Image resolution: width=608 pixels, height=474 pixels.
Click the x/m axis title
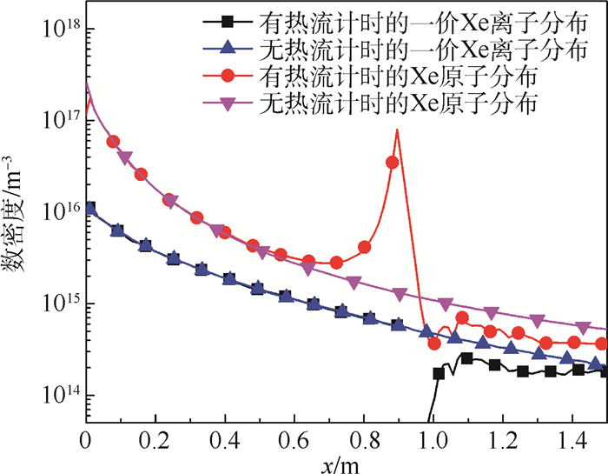tap(345, 463)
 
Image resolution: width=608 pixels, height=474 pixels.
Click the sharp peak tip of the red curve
tap(397, 130)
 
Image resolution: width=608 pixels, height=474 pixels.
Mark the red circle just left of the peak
tap(393, 162)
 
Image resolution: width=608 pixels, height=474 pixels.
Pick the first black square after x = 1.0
tap(439, 373)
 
